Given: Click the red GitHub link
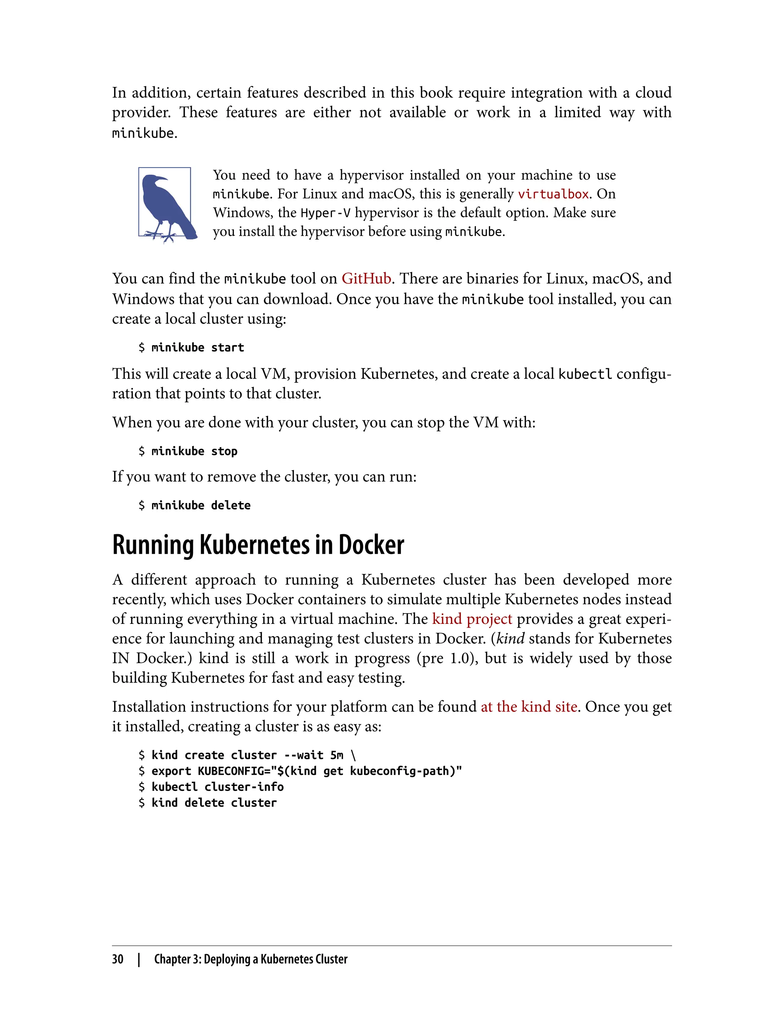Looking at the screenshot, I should (x=366, y=279).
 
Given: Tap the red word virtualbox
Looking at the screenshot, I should (x=553, y=194).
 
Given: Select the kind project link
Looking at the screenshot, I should (x=472, y=619).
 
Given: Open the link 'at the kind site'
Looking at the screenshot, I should (x=529, y=707).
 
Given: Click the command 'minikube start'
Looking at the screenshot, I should (x=198, y=348).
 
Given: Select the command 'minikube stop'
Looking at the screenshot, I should (x=194, y=451).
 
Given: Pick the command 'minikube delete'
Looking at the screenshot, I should (x=201, y=505).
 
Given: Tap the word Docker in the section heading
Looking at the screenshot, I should (x=371, y=545).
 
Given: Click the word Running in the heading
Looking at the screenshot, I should (x=153, y=545).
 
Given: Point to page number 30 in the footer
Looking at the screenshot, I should (x=118, y=959).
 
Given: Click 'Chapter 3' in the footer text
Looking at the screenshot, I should (x=177, y=959).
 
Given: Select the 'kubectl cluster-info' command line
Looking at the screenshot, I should (x=217, y=787).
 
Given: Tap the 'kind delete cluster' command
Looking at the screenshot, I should (x=214, y=803).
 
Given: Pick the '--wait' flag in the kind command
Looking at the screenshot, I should (x=303, y=755).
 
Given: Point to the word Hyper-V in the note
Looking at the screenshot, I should (x=325, y=213).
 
